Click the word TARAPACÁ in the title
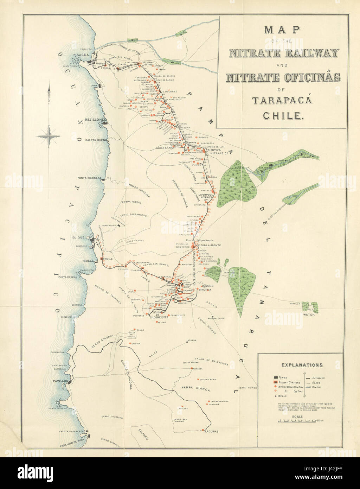pyautogui.click(x=278, y=100)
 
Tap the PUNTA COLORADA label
pyautogui.click(x=89, y=178)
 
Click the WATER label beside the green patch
pyautogui.click(x=309, y=315)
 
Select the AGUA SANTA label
pyautogui.click(x=166, y=148)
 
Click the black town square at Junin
pyautogui.click(x=100, y=85)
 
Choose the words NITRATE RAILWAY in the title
pyautogui.click(x=284, y=53)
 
